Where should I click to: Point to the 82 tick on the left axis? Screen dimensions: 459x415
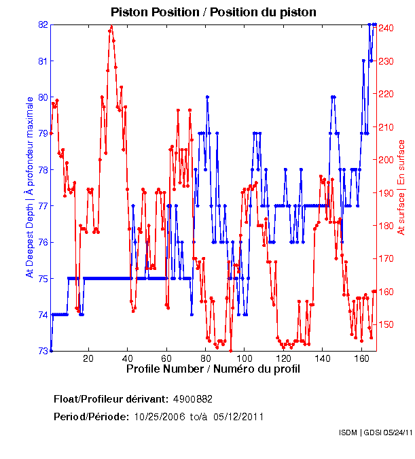point(43,24)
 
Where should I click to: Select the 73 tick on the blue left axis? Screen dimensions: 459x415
point(43,351)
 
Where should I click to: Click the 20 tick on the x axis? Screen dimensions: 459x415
point(88,358)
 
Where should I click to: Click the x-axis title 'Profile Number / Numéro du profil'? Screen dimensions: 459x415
point(213,369)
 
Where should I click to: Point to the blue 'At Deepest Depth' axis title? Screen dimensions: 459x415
point(29,187)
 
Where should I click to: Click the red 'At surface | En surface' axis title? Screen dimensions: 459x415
point(401,187)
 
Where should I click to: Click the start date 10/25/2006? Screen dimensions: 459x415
point(159,416)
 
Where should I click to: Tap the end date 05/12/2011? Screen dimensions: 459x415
point(238,416)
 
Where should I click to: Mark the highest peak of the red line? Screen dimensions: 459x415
point(111,27)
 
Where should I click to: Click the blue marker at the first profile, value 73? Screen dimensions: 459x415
point(51,350)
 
